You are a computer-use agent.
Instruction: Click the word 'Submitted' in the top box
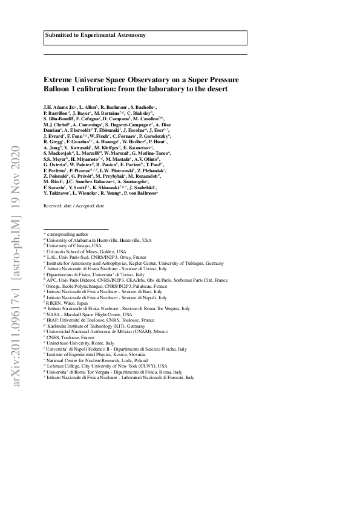57,36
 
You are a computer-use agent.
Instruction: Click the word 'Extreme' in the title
57,79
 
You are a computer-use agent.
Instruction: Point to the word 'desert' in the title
215,88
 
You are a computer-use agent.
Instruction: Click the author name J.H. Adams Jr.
59,106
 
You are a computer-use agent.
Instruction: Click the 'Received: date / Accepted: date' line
74,207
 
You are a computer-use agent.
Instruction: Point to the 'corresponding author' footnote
66,233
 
